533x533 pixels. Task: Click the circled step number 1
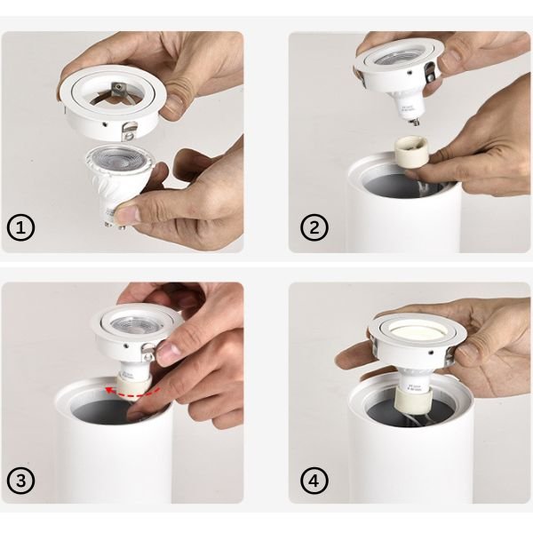22,228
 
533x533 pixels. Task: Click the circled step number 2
312,228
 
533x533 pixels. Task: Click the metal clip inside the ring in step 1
117,88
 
